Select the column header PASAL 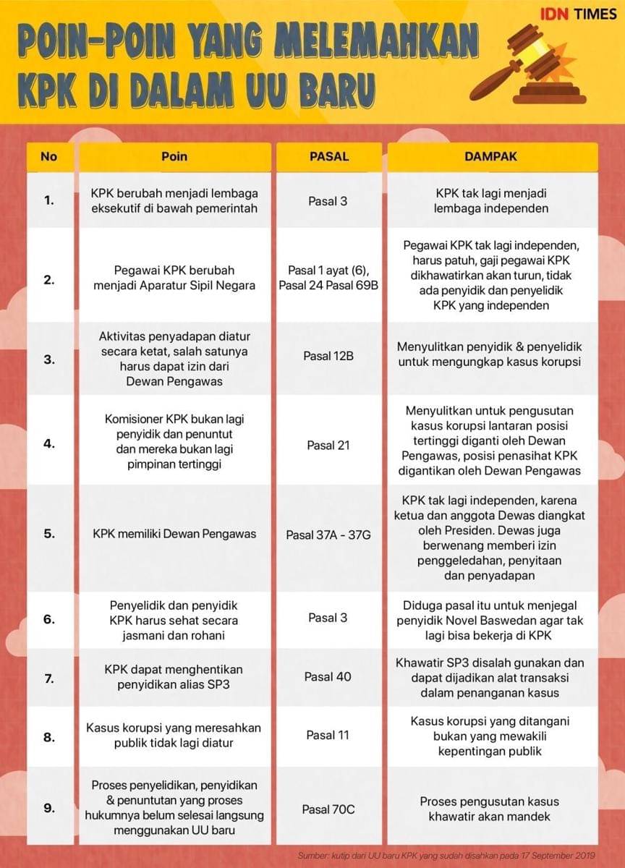pyautogui.click(x=328, y=156)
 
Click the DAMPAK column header pyautogui.click(x=491, y=156)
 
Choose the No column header pyautogui.click(x=48, y=156)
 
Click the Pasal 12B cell pyautogui.click(x=328, y=357)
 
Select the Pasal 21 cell pyautogui.click(x=328, y=445)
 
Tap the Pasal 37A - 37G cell pyautogui.click(x=328, y=535)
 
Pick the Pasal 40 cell pyautogui.click(x=328, y=676)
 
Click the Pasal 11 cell pyautogui.click(x=328, y=735)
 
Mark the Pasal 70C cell pyautogui.click(x=328, y=809)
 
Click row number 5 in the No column pyautogui.click(x=48, y=535)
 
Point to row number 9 pyautogui.click(x=48, y=809)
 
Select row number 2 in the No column pyautogui.click(x=48, y=278)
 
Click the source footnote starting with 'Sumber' pyautogui.click(x=446, y=855)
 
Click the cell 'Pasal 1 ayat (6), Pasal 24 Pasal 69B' pyautogui.click(x=328, y=278)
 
